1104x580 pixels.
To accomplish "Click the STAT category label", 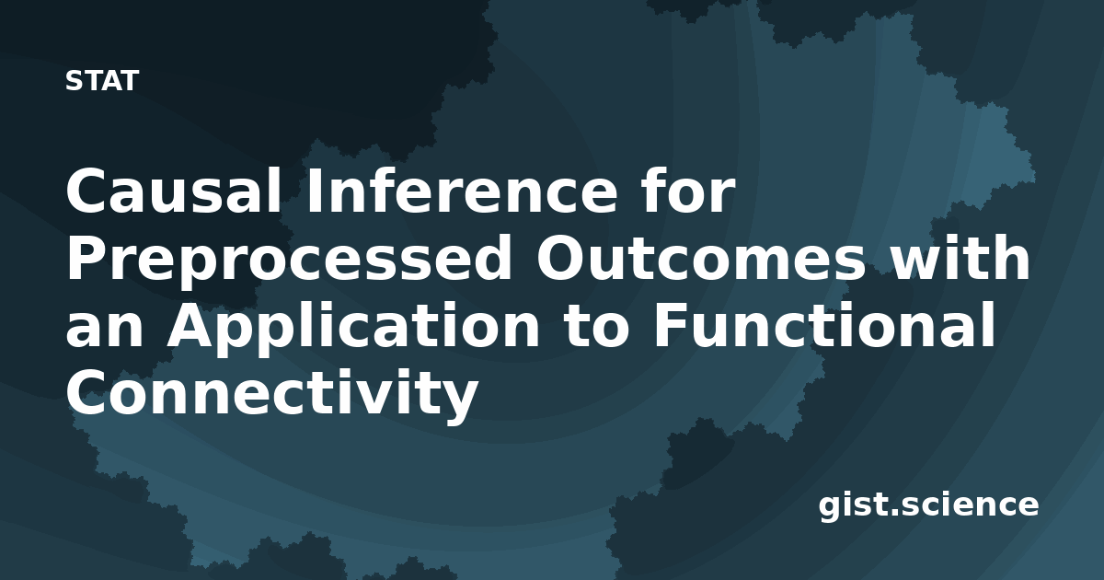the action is [x=102, y=81].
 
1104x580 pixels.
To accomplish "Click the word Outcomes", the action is [x=700, y=259].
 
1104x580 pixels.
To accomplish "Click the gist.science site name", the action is [x=928, y=505].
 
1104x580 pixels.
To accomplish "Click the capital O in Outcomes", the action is [x=561, y=259].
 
